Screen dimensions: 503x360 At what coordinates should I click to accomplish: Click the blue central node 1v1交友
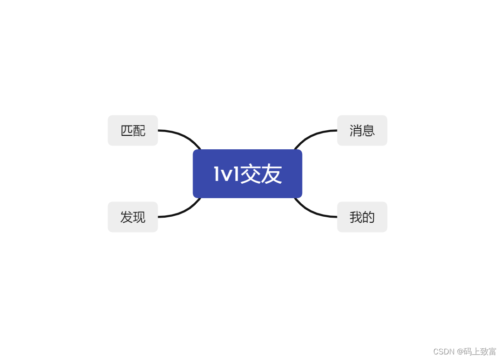247,173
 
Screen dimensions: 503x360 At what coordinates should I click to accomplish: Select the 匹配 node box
132,130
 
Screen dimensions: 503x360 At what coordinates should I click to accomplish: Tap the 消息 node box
362,130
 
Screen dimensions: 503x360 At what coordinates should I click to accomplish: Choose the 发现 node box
132,217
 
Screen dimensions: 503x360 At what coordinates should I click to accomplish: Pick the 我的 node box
362,217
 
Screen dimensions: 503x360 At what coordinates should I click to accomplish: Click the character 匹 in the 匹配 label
126,131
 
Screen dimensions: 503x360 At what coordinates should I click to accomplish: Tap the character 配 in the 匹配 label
139,131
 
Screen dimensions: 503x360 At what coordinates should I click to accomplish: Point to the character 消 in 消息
356,131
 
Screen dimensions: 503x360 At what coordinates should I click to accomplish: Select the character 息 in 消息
369,131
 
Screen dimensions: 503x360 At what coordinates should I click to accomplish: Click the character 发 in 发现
126,217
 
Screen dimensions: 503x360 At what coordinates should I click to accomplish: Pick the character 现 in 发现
139,217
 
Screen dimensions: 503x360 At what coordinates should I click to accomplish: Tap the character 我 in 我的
356,217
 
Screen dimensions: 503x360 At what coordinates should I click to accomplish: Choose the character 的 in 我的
369,217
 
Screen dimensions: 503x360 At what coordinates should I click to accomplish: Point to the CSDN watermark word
443,352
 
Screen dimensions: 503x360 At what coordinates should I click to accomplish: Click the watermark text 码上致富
480,352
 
